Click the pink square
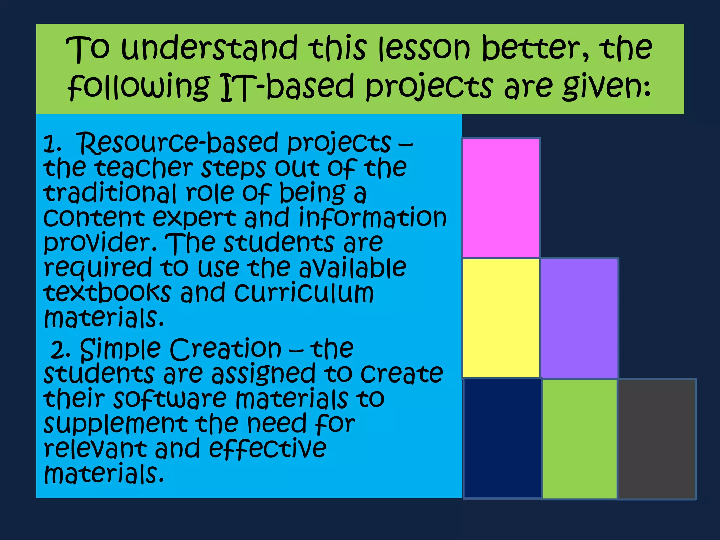click(501, 198)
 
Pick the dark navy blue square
click(502, 438)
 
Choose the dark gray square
click(657, 439)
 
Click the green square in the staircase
click(579, 439)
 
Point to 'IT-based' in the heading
click(287, 87)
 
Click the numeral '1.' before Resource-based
click(52, 144)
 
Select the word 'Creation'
click(225, 349)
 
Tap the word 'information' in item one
click(372, 218)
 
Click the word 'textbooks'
click(108, 292)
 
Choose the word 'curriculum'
click(304, 292)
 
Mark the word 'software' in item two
click(170, 400)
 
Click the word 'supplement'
click(116, 425)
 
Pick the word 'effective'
click(268, 449)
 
